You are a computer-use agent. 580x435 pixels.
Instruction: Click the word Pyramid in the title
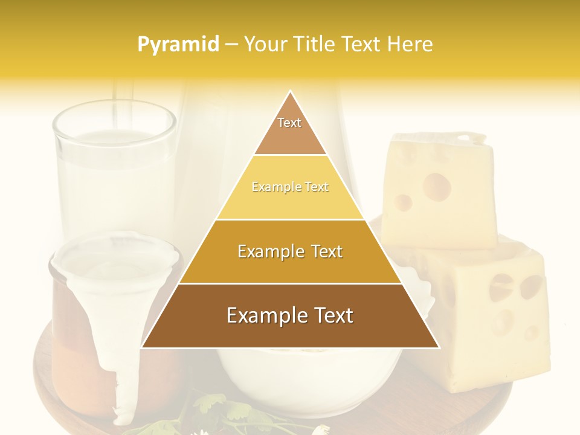[x=178, y=45]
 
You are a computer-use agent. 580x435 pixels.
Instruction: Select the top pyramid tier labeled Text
[x=290, y=130]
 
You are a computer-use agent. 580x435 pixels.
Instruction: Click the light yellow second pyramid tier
[x=290, y=187]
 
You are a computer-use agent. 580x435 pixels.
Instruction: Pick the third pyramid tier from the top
[x=290, y=252]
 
